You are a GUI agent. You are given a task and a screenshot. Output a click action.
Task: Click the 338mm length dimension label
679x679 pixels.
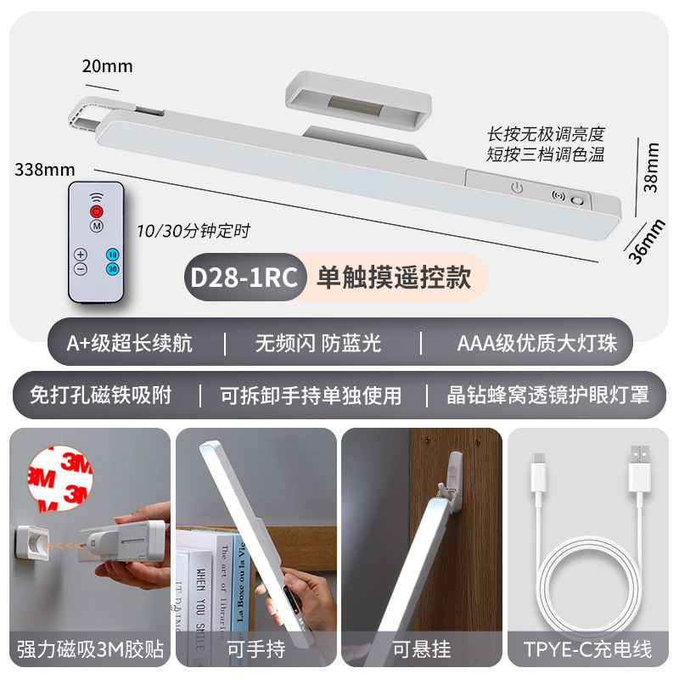tap(44, 168)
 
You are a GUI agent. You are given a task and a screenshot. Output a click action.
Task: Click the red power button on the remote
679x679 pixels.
tap(97, 210)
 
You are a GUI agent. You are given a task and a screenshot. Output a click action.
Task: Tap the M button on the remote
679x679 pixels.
tap(97, 227)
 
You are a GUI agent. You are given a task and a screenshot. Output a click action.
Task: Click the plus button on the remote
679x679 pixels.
tap(81, 254)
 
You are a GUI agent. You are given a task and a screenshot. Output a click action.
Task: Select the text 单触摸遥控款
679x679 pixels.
tap(394, 278)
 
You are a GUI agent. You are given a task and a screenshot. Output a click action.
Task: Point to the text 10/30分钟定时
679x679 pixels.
tap(194, 230)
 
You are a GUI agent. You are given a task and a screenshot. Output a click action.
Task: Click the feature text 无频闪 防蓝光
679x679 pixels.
tap(318, 343)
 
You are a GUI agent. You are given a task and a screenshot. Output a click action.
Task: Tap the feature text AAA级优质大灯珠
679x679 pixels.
tap(537, 343)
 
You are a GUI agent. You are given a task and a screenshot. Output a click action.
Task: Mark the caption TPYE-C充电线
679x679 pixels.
tap(587, 650)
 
